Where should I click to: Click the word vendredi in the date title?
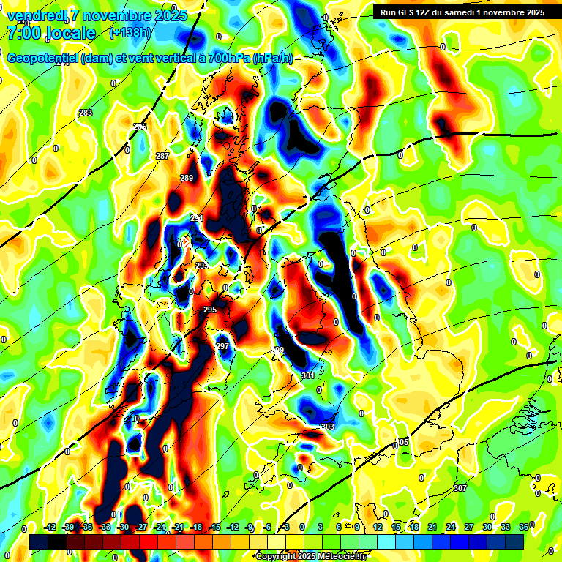(x=35, y=15)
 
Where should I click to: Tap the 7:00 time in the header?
(x=23, y=33)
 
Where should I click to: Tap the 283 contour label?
(x=86, y=113)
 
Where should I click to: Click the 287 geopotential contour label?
(x=162, y=156)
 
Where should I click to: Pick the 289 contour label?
(x=187, y=178)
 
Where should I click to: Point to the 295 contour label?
(x=210, y=310)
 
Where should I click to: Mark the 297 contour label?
(x=222, y=346)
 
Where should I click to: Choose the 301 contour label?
(x=307, y=375)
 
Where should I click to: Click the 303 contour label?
(x=327, y=427)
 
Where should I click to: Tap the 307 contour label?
(x=460, y=487)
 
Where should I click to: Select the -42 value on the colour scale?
(x=50, y=527)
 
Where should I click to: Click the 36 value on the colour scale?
(x=524, y=527)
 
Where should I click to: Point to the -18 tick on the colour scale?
(x=196, y=527)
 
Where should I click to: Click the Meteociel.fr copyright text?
(x=310, y=556)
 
